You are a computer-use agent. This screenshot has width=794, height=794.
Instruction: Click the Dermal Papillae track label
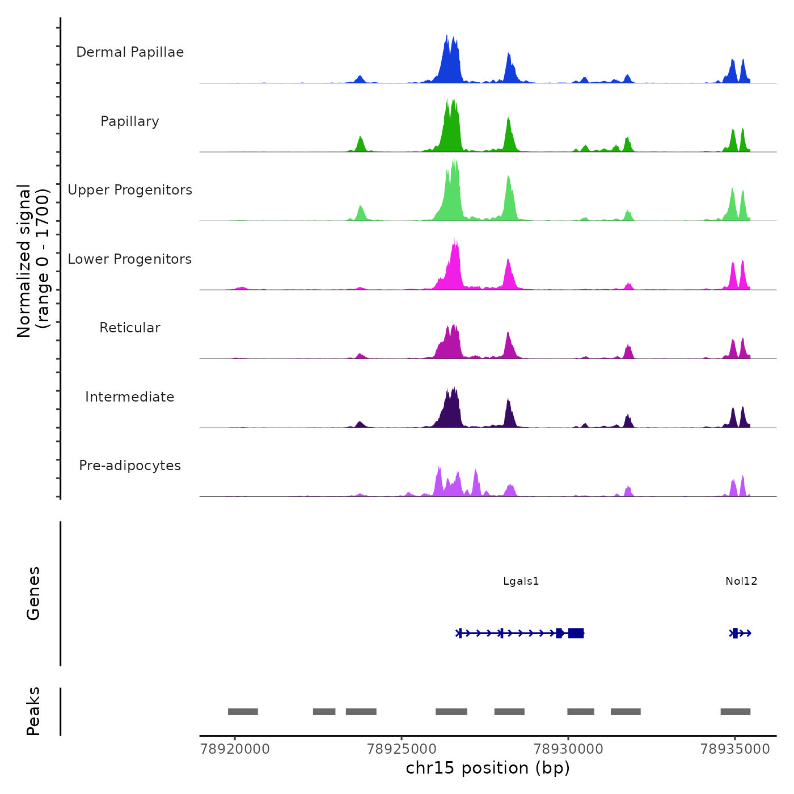click(130, 52)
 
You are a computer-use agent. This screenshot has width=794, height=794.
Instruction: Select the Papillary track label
click(130, 121)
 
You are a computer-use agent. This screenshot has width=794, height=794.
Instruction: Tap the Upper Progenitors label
click(130, 190)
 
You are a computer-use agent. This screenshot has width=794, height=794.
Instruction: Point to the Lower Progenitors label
click(130, 259)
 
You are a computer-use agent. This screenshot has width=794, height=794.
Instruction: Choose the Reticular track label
click(130, 328)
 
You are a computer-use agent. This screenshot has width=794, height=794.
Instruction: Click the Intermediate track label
click(130, 397)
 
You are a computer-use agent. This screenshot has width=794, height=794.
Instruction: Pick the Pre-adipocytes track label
click(130, 466)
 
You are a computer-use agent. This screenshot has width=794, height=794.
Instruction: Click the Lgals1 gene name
click(521, 581)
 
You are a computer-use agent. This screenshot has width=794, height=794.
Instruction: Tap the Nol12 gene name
click(741, 581)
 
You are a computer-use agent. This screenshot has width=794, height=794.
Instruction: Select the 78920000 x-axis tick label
click(235, 749)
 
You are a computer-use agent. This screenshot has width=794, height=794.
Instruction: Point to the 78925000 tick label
click(402, 749)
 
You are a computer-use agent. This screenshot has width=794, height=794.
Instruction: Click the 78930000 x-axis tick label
click(568, 749)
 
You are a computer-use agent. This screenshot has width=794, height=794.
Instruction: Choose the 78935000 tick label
click(735, 749)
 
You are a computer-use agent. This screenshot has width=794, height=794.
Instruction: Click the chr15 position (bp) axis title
click(488, 768)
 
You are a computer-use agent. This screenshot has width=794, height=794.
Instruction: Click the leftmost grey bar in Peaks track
click(243, 712)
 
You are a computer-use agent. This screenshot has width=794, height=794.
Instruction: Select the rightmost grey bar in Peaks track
click(735, 712)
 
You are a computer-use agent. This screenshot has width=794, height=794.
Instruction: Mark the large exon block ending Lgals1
click(576, 633)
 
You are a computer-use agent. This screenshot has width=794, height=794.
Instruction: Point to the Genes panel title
click(33, 593)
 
